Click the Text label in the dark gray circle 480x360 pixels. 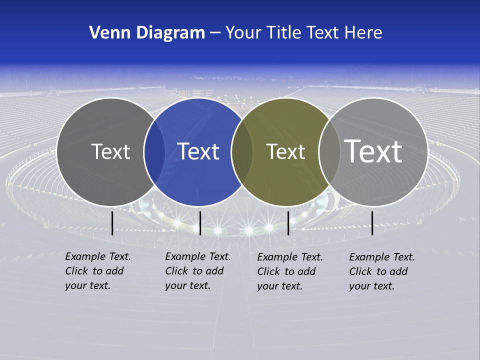[x=110, y=151]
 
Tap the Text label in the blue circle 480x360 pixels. [x=198, y=151]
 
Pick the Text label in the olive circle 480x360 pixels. [x=285, y=151]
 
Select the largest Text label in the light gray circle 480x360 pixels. [x=373, y=151]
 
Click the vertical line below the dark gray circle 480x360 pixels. [x=112, y=223]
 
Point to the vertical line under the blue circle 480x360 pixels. [x=200, y=223]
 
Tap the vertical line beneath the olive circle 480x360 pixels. [x=288, y=223]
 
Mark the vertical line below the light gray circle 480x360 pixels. [x=372, y=223]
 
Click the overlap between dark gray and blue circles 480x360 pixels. [x=154, y=152]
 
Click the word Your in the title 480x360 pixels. [x=243, y=32]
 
